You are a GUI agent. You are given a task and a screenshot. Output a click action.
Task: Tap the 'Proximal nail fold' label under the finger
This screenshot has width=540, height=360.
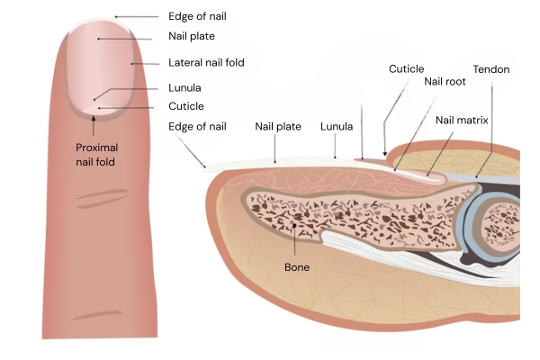[x=96, y=154]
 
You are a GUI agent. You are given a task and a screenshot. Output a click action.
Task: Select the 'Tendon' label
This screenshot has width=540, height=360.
[x=490, y=69]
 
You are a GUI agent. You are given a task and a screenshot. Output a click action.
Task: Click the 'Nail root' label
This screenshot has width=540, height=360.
[x=445, y=81]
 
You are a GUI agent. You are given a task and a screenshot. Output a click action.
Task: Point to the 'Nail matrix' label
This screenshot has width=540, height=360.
[x=462, y=119]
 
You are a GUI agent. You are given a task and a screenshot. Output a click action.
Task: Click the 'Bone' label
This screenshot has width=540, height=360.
[x=297, y=267]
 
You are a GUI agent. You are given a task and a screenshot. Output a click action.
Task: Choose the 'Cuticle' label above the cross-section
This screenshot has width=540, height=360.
[x=406, y=68]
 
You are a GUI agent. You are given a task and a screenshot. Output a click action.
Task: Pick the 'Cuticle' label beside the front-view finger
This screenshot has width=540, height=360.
[x=187, y=106]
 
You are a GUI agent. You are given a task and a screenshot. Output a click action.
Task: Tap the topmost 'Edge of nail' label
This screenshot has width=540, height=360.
[x=197, y=16]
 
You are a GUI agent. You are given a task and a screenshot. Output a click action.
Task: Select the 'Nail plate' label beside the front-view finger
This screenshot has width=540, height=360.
[x=191, y=37]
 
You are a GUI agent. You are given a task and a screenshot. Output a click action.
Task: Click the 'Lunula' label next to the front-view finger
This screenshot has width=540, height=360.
[x=184, y=88]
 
